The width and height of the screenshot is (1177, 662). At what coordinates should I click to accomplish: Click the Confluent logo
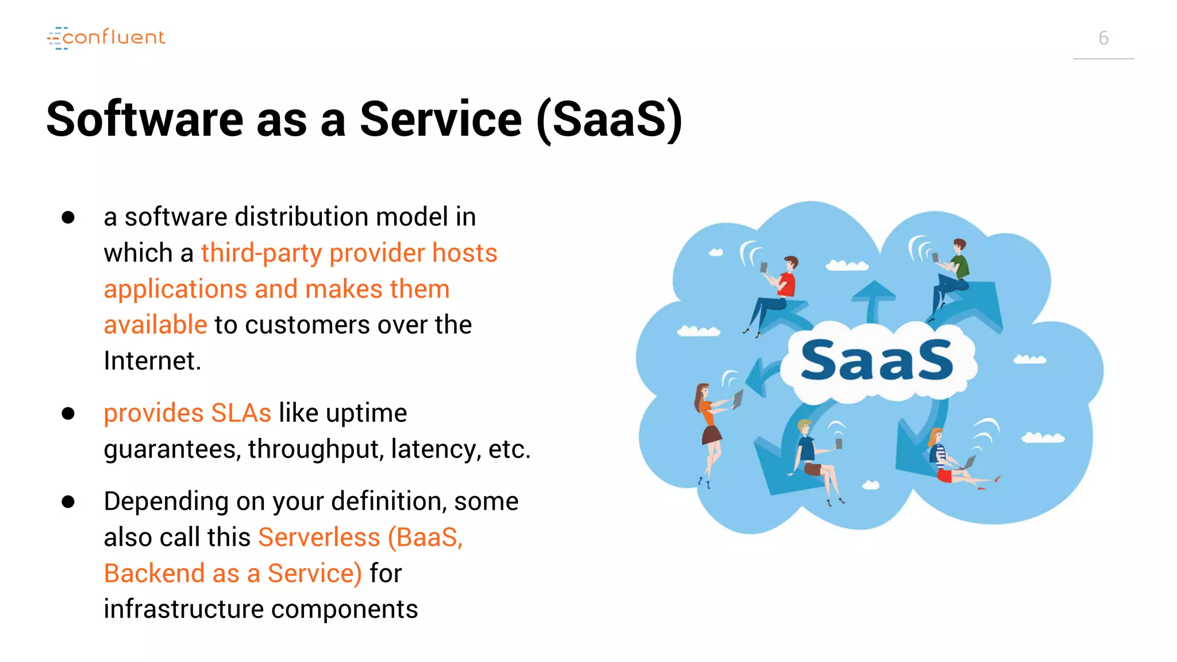point(106,38)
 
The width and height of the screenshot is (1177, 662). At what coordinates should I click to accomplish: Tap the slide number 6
point(1103,39)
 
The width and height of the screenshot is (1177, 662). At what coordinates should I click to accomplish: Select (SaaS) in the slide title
point(609,119)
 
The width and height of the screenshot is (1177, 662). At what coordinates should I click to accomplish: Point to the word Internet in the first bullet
point(152,361)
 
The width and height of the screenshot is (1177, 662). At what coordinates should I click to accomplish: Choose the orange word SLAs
point(241,413)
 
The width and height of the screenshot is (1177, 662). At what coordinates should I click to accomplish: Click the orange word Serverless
point(319,537)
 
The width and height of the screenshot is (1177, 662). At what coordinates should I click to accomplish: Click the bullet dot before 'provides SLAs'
point(68,413)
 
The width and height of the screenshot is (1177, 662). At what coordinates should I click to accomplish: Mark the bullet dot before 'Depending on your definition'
point(68,502)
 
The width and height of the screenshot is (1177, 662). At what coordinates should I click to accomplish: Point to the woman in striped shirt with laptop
point(948,460)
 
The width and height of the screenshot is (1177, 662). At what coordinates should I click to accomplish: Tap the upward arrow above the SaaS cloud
point(873,299)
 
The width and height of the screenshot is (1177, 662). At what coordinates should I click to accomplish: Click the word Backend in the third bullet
point(154,574)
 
